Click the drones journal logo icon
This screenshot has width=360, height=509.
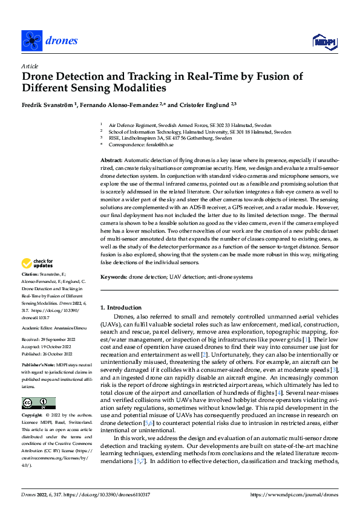click(x=31, y=41)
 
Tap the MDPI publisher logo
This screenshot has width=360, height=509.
click(x=323, y=41)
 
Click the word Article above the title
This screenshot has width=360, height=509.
click(x=30, y=65)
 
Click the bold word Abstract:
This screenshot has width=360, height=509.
click(x=112, y=159)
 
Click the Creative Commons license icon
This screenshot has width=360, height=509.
click(x=38, y=403)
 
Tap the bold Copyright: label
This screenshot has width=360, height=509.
click(x=32, y=416)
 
